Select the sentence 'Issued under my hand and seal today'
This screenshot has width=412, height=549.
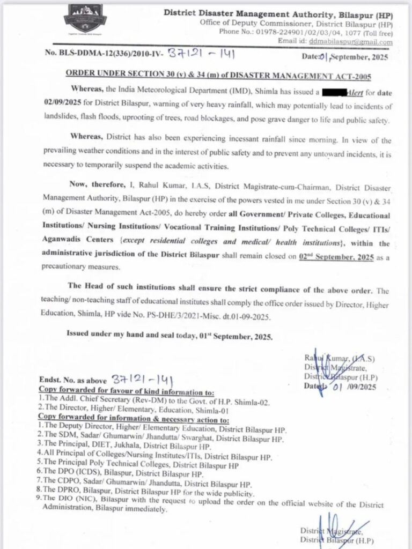[170, 337]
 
